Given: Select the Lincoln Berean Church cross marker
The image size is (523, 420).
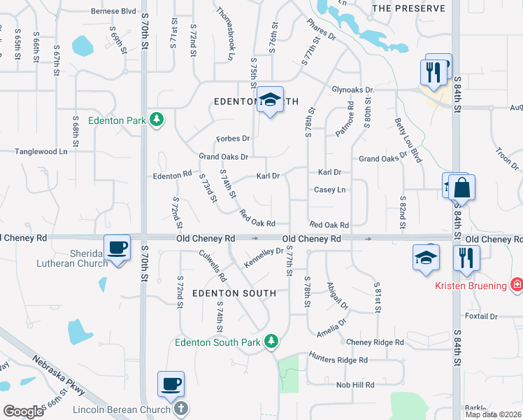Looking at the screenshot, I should point(180,409).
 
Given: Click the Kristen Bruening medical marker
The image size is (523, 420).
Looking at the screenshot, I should point(516,284).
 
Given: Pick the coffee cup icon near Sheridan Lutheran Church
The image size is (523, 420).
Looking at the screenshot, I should point(117,248).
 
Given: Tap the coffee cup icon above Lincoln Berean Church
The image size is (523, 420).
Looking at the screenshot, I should point(171,384).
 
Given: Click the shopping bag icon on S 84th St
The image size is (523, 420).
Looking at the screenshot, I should point(461,188).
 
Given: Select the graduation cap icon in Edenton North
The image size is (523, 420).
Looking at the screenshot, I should point(270,99).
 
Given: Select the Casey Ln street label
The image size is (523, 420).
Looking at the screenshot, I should point(330,190).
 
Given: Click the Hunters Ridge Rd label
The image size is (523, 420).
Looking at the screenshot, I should point(338,360).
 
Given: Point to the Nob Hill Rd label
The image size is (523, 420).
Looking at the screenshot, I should point(355,384).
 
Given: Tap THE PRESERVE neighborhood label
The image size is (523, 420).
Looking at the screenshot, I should point(408,8).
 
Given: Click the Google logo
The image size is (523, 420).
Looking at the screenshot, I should point(23,412).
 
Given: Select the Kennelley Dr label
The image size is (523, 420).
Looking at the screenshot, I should point(264,256).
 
